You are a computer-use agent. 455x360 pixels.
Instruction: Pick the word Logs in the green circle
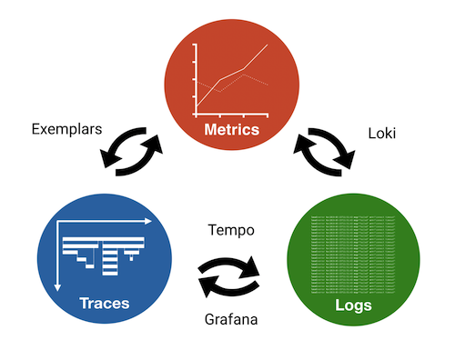352,305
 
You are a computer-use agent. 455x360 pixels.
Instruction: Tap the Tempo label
231,229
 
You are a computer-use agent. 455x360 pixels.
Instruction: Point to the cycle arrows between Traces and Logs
229,272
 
